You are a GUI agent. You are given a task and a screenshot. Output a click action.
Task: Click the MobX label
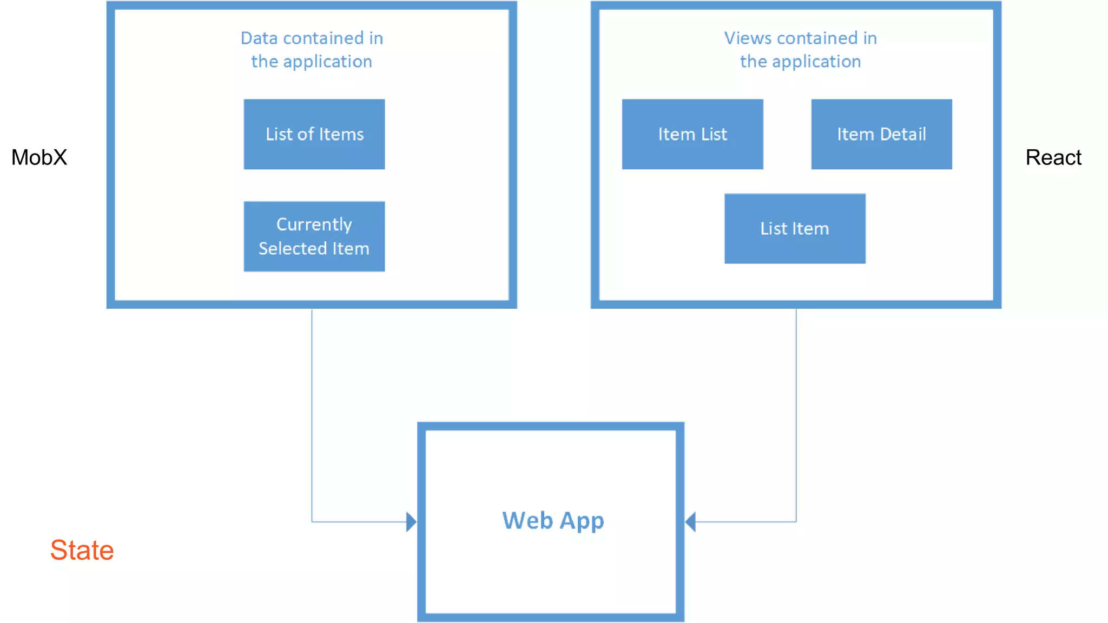tap(39, 157)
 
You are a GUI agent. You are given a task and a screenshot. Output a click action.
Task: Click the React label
tap(1053, 157)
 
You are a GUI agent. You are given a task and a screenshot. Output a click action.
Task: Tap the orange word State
tap(82, 550)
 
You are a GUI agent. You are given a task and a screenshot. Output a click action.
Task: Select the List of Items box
tap(314, 134)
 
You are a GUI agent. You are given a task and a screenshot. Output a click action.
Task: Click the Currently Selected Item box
tap(314, 236)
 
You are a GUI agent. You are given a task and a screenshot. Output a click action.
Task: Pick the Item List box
tap(692, 134)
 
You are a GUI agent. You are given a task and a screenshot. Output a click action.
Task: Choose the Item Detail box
tap(881, 134)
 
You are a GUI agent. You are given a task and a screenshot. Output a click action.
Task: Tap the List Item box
tap(794, 229)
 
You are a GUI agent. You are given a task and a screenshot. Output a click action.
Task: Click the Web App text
tap(552, 521)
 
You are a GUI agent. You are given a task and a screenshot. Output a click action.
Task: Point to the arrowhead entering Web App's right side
tap(690, 522)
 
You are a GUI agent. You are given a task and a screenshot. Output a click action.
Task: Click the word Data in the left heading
tap(259, 38)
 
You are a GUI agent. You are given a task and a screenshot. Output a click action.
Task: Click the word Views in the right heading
tap(748, 38)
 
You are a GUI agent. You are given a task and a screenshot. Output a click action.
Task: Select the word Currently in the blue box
tap(314, 224)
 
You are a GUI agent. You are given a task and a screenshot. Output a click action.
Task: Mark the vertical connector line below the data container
tap(312, 411)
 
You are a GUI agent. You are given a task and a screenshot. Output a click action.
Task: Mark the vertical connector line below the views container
tap(796, 411)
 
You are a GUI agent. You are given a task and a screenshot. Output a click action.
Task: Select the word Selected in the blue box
tap(292, 249)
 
